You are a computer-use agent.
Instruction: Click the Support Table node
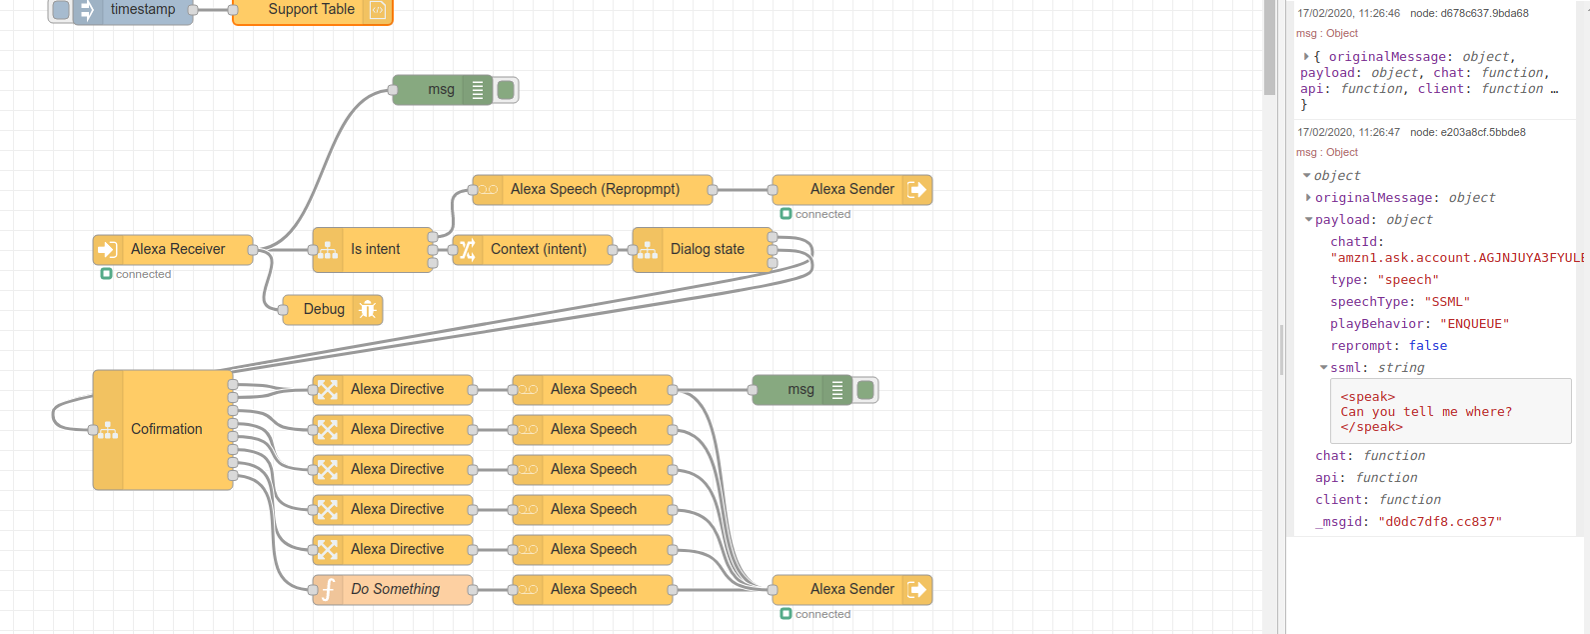coord(312,10)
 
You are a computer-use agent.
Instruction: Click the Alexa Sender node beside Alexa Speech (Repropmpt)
coord(850,189)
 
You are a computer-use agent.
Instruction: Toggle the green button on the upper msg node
coord(506,90)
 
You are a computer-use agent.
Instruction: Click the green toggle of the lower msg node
coord(865,390)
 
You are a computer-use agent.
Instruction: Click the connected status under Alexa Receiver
coord(143,274)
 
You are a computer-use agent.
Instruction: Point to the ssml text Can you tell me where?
coord(1426,411)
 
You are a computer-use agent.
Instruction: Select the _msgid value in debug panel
coord(1439,522)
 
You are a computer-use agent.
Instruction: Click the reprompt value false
coord(1427,346)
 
